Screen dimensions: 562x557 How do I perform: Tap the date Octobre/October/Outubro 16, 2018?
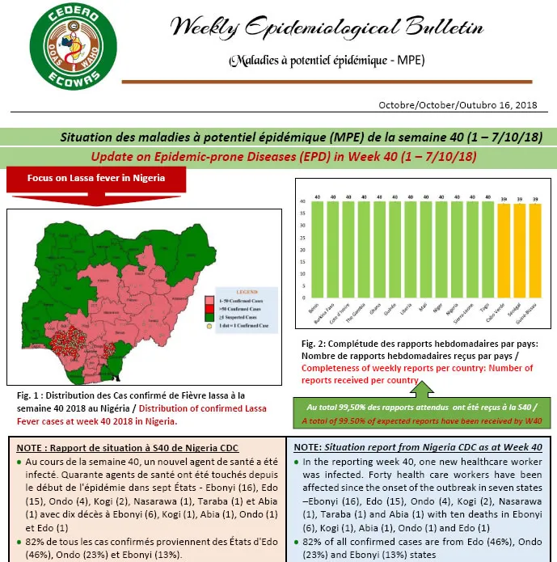coord(458,106)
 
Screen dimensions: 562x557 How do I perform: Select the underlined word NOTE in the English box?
coord(306,446)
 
